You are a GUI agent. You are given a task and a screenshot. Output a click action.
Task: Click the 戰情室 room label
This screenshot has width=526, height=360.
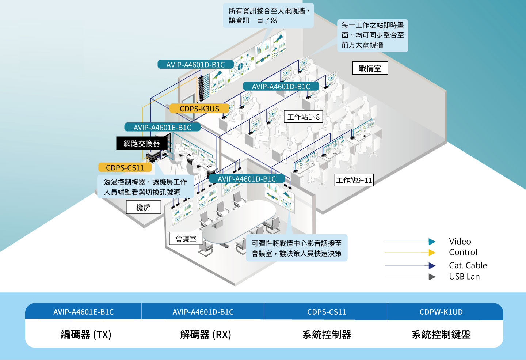coord(370,68)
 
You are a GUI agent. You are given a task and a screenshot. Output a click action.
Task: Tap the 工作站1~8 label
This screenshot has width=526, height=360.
coord(303,117)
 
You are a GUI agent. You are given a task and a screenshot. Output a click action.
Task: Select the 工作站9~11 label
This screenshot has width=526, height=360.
coord(354,180)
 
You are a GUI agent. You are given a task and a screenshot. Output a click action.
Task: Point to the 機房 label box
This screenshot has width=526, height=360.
coord(143,208)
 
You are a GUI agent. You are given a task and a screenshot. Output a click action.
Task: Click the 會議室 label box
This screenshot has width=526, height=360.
coord(186,239)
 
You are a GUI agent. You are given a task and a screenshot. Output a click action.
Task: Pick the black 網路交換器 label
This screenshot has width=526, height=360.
coord(142,144)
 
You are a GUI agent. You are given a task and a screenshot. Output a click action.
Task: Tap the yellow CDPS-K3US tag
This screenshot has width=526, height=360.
coord(199,109)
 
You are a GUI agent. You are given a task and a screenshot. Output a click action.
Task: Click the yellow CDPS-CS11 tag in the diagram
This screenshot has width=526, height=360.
coord(125,168)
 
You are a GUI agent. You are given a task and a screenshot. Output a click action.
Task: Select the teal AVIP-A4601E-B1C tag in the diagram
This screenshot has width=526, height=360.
coord(162,127)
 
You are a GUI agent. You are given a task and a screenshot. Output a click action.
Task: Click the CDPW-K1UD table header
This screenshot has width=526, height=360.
coord(441,312)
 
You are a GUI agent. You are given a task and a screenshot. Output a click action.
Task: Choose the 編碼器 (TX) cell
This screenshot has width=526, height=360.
coord(86,334)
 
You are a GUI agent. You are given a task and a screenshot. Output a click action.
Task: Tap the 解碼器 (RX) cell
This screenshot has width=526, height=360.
coord(205,334)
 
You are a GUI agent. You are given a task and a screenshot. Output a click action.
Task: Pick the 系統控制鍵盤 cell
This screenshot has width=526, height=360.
coord(441,334)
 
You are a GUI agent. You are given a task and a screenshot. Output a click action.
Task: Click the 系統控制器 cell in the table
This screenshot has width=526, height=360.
coord(327,334)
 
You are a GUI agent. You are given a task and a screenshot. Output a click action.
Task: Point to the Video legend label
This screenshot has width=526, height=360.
coord(460,242)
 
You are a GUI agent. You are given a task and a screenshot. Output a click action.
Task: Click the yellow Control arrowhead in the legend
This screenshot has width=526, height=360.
coord(432,253)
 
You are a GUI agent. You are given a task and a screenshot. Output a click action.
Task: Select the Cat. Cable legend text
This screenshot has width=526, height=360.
coord(468,265)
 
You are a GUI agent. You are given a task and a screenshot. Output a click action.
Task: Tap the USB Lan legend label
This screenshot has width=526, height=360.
coord(464,277)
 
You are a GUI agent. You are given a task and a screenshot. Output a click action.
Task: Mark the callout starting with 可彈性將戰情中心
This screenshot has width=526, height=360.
coord(297,248)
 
